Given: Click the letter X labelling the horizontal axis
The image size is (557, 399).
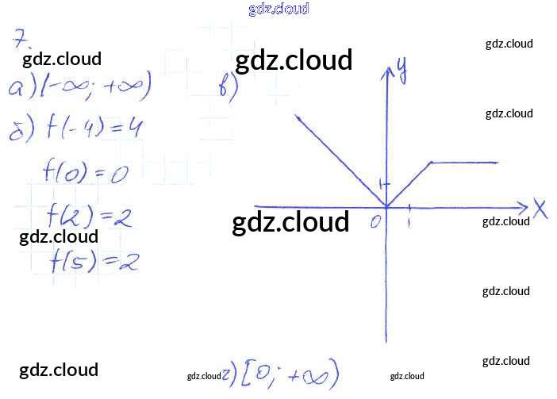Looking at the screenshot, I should [540, 210].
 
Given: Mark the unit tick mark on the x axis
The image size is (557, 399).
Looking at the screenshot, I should [409, 208].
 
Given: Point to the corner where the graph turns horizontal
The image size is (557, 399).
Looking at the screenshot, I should [431, 163].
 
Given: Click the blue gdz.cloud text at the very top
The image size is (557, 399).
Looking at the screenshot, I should [278, 9].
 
